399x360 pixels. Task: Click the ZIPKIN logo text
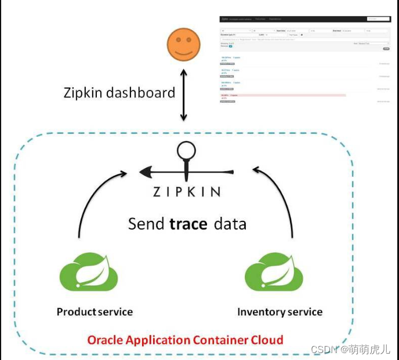(186, 192)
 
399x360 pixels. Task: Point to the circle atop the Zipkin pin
(186, 151)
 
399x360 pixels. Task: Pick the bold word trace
(188, 224)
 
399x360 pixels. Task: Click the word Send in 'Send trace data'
(146, 224)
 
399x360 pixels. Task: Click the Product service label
(95, 312)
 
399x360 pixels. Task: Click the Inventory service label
(280, 312)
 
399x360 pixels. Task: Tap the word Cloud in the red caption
(266, 340)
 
